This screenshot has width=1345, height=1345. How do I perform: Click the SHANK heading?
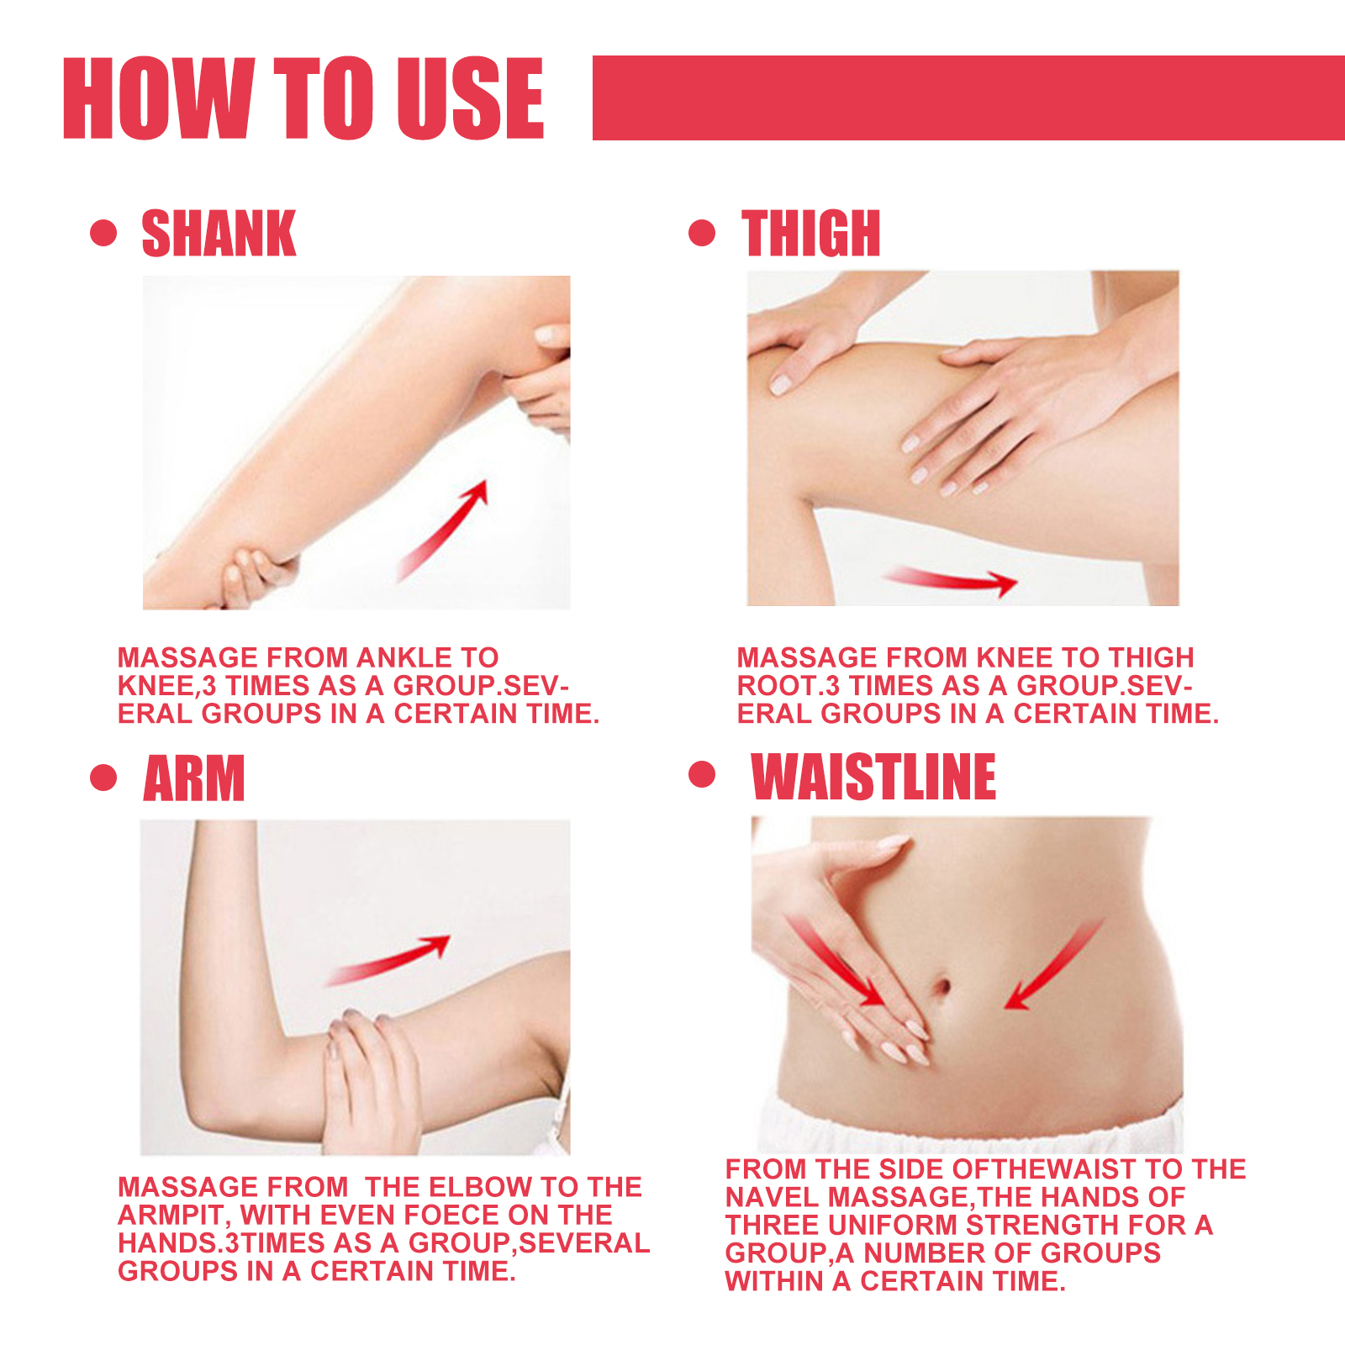point(219,234)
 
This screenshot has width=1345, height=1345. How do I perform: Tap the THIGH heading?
point(810,234)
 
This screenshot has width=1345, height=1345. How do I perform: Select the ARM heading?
point(194,778)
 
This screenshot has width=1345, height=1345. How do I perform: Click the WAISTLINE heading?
point(873,777)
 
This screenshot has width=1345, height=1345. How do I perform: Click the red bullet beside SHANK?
point(103,233)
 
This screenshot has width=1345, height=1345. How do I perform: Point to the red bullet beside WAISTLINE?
point(701,774)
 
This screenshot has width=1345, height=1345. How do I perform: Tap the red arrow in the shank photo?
point(443,530)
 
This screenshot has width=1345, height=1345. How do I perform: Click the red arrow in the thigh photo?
point(950,580)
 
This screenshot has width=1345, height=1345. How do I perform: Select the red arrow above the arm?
point(388,959)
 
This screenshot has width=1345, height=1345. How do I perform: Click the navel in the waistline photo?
point(942,985)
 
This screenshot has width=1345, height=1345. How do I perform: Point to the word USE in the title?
point(470,98)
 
